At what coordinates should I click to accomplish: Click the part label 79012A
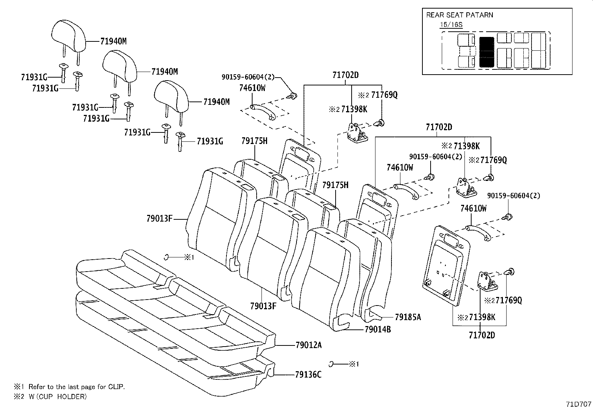point(308,345)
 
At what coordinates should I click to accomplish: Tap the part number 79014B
point(377,329)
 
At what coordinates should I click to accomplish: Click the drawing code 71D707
point(578,404)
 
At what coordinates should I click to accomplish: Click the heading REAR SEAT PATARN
point(459,15)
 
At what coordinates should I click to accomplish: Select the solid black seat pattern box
point(486,52)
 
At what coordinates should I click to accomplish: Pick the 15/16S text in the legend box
point(451,25)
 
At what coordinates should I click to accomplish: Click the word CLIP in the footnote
point(116,387)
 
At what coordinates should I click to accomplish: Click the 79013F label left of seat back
point(159,219)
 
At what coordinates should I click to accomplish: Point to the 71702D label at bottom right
point(482,335)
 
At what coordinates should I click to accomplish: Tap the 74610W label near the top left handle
point(252,88)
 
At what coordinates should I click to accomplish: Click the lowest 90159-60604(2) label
point(514,196)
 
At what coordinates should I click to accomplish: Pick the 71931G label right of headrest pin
point(210,141)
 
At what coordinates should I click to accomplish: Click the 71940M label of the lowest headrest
point(216,101)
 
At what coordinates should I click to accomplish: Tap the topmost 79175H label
point(254,141)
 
